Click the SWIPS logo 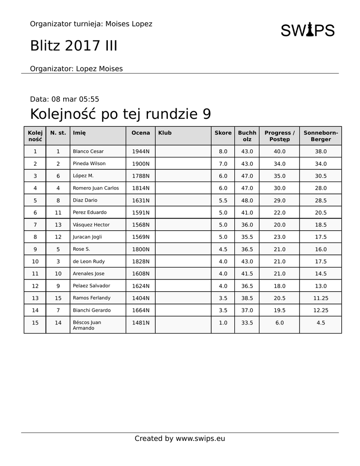pyautogui.click(x=307, y=30)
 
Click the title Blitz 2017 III pyautogui.click(x=74, y=46)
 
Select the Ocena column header pyautogui.click(x=141, y=133)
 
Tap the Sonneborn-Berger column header pyautogui.click(x=320, y=136)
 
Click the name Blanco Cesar pyautogui.click(x=88, y=152)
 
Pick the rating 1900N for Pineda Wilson pyautogui.click(x=141, y=164)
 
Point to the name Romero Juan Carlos pyautogui.click(x=96, y=188)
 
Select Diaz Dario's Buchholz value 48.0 pyautogui.click(x=247, y=200)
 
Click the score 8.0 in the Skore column pyautogui.click(x=223, y=152)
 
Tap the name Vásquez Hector pyautogui.click(x=91, y=225)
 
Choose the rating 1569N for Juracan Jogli pyautogui.click(x=141, y=237)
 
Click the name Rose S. pyautogui.click(x=81, y=249)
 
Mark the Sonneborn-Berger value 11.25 pyautogui.click(x=320, y=298)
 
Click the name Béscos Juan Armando pyautogui.click(x=87, y=325)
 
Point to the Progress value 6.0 pyautogui.click(x=279, y=323)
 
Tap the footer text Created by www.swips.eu pyautogui.click(x=180, y=439)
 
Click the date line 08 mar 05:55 pyautogui.click(x=65, y=99)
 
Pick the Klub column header pyautogui.click(x=165, y=133)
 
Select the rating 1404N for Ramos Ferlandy pyautogui.click(x=141, y=298)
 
